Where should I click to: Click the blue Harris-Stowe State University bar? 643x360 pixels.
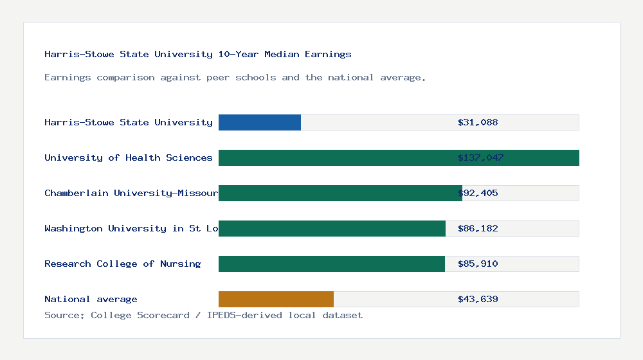click(x=260, y=122)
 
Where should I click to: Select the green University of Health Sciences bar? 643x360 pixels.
click(x=399, y=157)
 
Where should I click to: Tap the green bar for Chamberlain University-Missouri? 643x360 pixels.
click(x=340, y=193)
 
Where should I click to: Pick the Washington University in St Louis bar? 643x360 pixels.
click(x=332, y=228)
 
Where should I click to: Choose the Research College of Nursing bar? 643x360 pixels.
click(x=332, y=264)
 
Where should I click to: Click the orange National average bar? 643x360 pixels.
click(x=276, y=299)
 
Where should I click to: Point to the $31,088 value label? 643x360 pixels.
click(x=478, y=122)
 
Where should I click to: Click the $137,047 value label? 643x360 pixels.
click(x=481, y=157)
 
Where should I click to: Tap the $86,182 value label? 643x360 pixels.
click(x=478, y=228)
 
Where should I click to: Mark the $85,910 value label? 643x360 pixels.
click(x=478, y=264)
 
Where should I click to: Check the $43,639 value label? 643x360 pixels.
click(x=478, y=299)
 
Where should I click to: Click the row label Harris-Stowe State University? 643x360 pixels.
click(x=129, y=122)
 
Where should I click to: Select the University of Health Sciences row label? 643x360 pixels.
click(x=129, y=157)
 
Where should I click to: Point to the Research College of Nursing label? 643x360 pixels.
click(x=123, y=264)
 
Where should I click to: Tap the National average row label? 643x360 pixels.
click(x=91, y=299)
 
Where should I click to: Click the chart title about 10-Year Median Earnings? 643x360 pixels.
click(x=198, y=54)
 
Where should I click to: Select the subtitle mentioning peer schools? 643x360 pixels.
click(x=235, y=77)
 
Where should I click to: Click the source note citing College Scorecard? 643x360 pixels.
click(x=203, y=315)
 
